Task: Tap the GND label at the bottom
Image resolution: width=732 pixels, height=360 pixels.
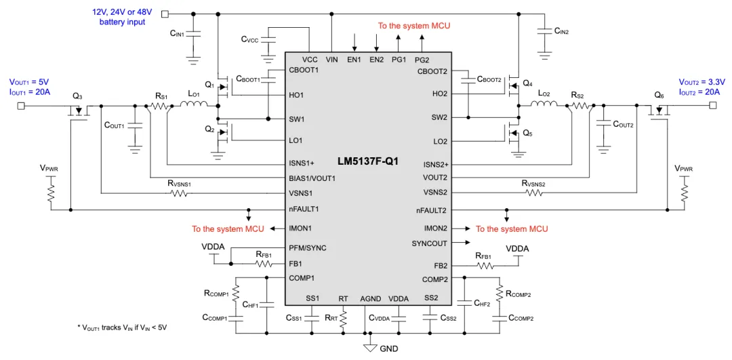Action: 388,348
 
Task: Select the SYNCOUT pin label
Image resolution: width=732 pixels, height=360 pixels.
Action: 430,243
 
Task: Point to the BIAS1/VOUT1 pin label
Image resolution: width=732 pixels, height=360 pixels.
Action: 312,178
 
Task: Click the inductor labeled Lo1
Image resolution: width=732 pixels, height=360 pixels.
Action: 194,105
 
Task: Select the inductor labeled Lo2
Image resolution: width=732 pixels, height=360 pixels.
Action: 544,104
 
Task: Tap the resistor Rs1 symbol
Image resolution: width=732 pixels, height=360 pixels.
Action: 160,106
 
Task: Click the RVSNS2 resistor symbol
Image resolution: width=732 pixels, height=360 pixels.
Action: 533,193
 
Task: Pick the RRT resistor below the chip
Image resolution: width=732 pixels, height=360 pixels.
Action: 344,317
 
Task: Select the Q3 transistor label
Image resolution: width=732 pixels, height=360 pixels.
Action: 78,96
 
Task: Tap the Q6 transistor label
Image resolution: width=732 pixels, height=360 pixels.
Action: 659,96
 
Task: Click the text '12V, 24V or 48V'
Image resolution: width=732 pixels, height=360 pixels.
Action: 123,12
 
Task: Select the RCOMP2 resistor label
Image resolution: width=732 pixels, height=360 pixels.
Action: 518,294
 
